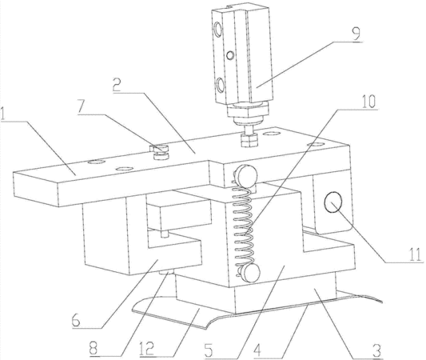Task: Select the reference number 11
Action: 415,254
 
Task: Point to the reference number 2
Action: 118,85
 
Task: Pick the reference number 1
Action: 2,114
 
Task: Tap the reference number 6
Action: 76,320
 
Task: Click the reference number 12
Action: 149,348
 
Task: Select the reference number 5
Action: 210,349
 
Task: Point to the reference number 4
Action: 257,349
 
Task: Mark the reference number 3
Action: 377,350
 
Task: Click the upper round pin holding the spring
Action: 246,175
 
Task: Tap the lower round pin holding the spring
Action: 250,273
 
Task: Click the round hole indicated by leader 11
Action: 332,202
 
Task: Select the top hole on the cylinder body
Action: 218,29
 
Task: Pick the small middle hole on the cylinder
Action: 230,55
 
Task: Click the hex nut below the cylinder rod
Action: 249,140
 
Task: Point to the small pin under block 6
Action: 165,272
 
